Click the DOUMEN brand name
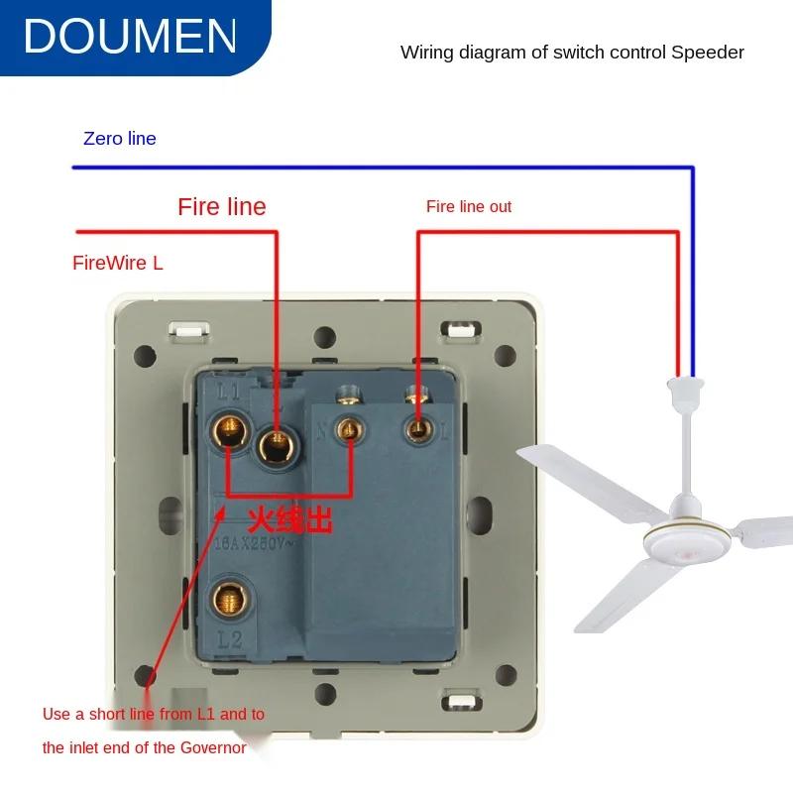pyautogui.click(x=130, y=36)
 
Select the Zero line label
pyautogui.click(x=120, y=139)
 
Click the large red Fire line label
pyautogui.click(x=222, y=206)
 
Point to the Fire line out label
pyautogui.click(x=469, y=206)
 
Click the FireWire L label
pyautogui.click(x=118, y=263)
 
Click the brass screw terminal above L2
pyautogui.click(x=229, y=599)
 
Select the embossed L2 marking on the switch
pyautogui.click(x=229, y=640)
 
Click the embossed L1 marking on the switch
pyautogui.click(x=229, y=391)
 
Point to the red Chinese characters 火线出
pyautogui.click(x=289, y=517)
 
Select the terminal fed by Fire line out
pyautogui.click(x=417, y=428)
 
